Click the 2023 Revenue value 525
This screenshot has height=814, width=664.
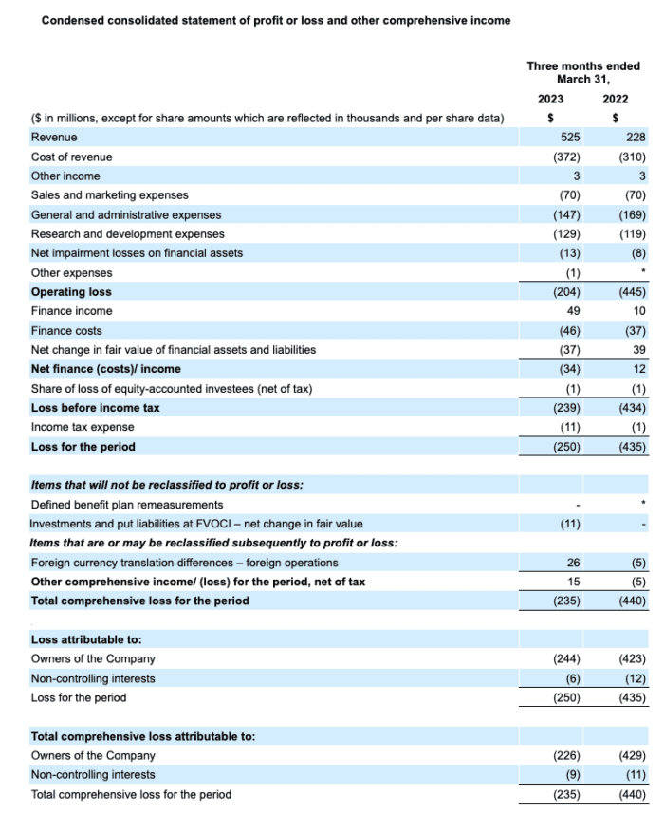click(571, 138)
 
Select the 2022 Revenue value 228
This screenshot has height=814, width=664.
click(636, 138)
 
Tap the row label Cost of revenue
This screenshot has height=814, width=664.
click(71, 157)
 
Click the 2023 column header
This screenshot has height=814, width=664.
click(550, 98)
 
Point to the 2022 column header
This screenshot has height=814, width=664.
click(615, 98)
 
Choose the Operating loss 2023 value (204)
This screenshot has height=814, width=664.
click(566, 292)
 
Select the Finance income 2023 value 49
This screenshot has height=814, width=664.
click(574, 311)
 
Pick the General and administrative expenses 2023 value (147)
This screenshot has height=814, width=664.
click(566, 214)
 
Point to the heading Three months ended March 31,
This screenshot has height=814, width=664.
click(582, 72)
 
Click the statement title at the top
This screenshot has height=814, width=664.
click(275, 20)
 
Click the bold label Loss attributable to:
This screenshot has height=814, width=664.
click(86, 640)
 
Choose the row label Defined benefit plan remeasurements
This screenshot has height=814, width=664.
click(127, 505)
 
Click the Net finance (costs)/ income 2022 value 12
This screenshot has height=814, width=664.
click(638, 369)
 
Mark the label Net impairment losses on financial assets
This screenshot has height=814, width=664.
click(137, 253)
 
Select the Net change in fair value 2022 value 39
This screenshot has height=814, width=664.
click(638, 350)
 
